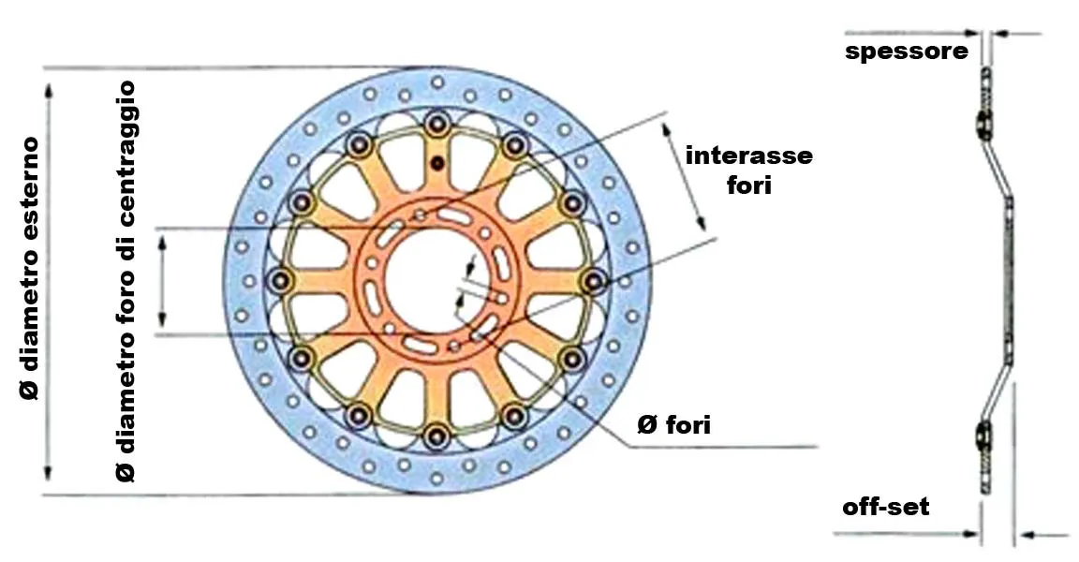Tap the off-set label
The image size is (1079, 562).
pos(886,507)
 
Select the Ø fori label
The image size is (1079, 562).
pos(673,425)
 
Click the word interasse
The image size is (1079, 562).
pos(748,155)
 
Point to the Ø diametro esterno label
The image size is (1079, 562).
pos(30,268)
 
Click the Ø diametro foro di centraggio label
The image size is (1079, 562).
pos(126,281)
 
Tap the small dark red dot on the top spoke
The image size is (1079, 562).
pos(436,163)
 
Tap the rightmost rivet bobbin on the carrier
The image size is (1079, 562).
pos(593,281)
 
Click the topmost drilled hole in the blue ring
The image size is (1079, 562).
pos(437,82)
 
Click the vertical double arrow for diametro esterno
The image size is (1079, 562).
pos(48,281)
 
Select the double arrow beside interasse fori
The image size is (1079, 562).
pos(684,177)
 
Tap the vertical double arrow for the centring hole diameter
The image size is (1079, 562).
pos(162,281)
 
